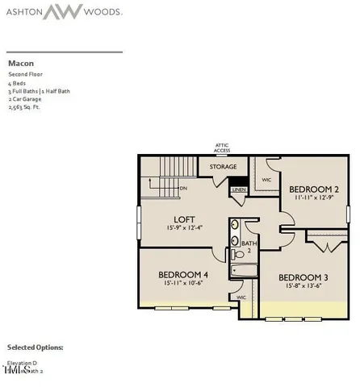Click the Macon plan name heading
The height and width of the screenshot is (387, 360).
pyautogui.click(x=21, y=61)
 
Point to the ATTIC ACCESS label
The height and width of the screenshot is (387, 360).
pyautogui.click(x=222, y=148)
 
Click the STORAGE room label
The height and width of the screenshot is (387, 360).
pyautogui.click(x=223, y=167)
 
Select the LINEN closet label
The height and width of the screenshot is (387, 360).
pyautogui.click(x=238, y=190)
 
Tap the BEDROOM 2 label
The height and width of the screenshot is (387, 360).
pyautogui.click(x=314, y=189)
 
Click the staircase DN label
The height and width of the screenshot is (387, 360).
pyautogui.click(x=184, y=188)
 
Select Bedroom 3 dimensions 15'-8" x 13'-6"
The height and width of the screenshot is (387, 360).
pyautogui.click(x=303, y=285)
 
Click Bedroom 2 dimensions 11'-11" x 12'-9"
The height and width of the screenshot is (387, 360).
pyautogui.click(x=314, y=198)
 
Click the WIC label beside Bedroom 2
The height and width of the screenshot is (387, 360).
pyautogui.click(x=266, y=181)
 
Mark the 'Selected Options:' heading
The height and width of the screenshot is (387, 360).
pyautogui.click(x=36, y=347)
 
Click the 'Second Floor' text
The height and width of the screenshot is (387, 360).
pyautogui.click(x=24, y=74)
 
